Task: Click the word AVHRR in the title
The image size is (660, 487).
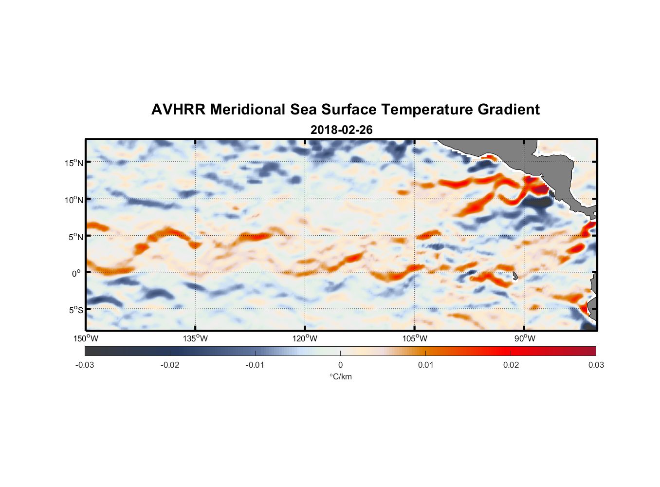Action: pos(178,110)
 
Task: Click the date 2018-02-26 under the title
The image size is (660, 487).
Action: pos(341,130)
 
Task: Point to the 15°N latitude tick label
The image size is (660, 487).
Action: pos(74,163)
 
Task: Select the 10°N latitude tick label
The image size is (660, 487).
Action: pos(74,200)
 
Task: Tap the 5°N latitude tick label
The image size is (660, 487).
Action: pos(75,237)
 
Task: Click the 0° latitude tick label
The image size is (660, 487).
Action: pos(76,273)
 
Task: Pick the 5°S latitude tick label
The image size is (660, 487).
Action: pos(75,310)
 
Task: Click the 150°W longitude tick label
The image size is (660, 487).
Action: pos(86,338)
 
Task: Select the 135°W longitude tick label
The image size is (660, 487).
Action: pos(195,338)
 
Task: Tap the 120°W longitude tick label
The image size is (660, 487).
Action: pos(305,338)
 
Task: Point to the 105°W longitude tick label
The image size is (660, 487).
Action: pos(415,338)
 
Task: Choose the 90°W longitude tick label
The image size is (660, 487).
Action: pos(525,338)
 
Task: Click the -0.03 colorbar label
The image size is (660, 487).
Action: pos(85,365)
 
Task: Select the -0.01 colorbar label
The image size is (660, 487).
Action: pos(255,365)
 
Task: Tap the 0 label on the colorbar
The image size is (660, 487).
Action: pos(340,365)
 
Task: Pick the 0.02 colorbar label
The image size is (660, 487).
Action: pos(511,365)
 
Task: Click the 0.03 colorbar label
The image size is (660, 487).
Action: pos(596,365)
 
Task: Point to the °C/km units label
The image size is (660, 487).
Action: pos(340,376)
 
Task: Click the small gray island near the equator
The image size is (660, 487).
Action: pos(515,276)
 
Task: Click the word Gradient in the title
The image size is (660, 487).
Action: pos(509,110)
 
